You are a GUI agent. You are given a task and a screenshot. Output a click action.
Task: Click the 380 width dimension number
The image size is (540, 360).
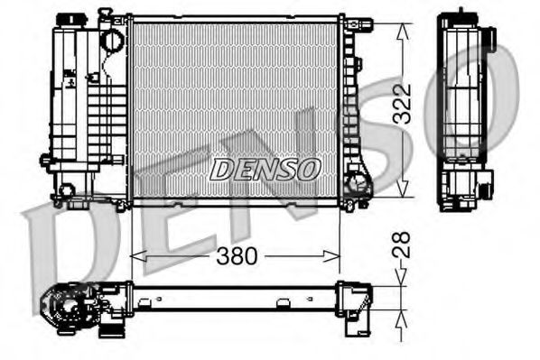pos(237,257)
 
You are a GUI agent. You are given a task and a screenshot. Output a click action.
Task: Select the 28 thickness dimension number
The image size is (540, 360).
pos(403,244)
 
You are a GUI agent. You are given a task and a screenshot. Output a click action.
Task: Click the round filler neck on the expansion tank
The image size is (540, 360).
pos(112,41)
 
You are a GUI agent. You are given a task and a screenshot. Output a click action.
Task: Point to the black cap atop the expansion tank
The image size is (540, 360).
pos(67,19)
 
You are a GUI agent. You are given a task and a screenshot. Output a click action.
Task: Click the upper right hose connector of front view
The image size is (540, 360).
pos(359,23)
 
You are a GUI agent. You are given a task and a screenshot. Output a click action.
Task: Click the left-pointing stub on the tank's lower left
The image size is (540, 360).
pos(45,161)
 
